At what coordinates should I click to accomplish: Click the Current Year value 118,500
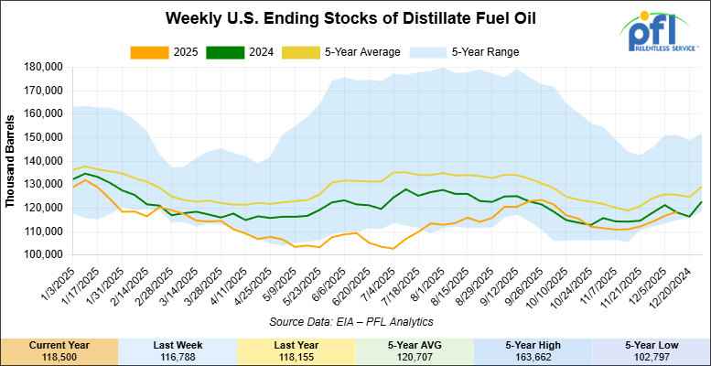(59, 356)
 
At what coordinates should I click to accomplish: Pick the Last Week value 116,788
(178, 356)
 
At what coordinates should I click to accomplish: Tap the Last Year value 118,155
(296, 356)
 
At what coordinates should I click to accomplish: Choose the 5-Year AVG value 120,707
(415, 356)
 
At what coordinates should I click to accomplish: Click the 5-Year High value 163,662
(533, 356)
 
